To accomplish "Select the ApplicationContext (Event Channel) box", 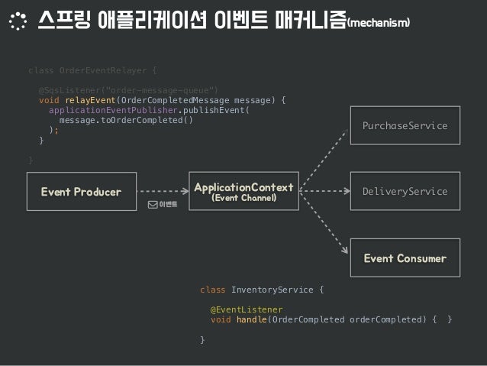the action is (x=243, y=192).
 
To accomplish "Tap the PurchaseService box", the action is (x=405, y=125).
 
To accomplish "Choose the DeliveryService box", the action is (x=405, y=192).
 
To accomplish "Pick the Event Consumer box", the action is (x=405, y=258).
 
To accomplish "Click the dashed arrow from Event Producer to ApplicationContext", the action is (x=161, y=192).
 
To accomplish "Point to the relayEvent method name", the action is (x=90, y=99).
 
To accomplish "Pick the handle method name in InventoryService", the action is (x=251, y=319).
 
